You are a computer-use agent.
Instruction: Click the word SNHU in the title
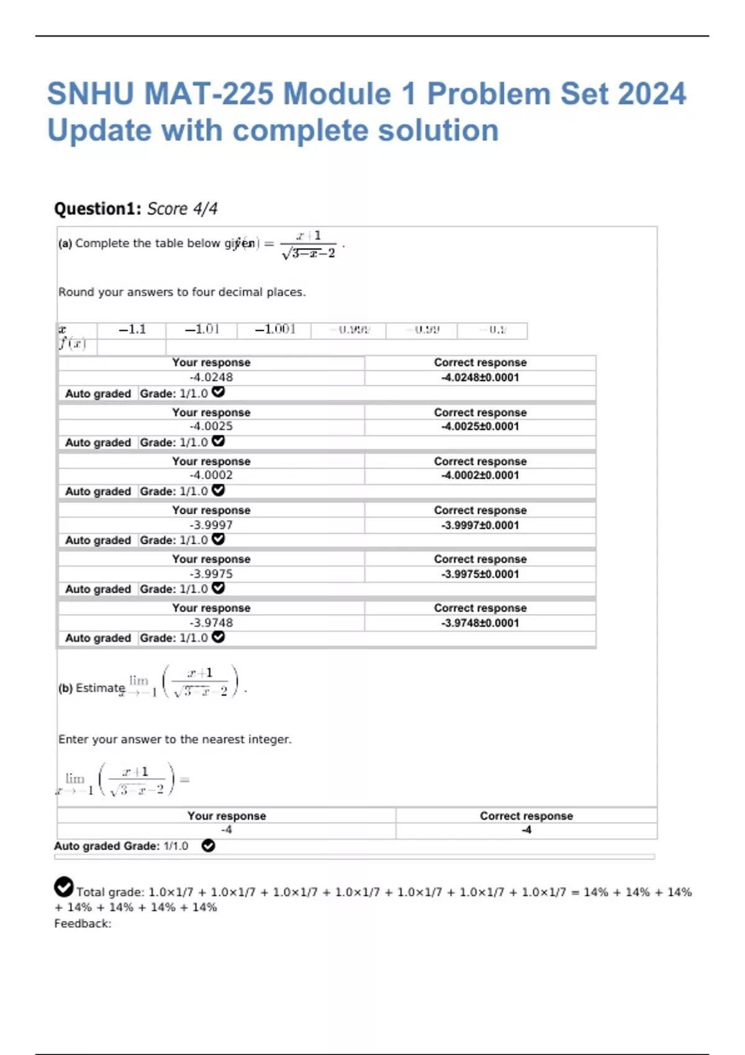pyautogui.click(x=90, y=94)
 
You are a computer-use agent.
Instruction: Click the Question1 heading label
pyautogui.click(x=98, y=209)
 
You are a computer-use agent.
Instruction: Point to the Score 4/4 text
pyautogui.click(x=183, y=209)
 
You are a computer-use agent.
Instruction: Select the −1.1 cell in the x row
pyautogui.click(x=132, y=330)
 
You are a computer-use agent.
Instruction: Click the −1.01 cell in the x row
pyautogui.click(x=202, y=330)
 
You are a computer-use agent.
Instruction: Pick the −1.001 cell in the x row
pyautogui.click(x=275, y=330)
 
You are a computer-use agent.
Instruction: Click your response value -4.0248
pyautogui.click(x=211, y=377)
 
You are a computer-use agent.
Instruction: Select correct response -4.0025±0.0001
pyautogui.click(x=480, y=426)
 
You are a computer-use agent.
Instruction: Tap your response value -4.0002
pyautogui.click(x=211, y=475)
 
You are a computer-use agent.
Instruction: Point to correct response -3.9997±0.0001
pyautogui.click(x=480, y=525)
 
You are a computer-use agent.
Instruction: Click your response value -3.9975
pyautogui.click(x=211, y=574)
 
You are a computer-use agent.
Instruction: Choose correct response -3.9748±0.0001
pyautogui.click(x=480, y=623)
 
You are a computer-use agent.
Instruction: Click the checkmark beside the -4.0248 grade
pyautogui.click(x=218, y=392)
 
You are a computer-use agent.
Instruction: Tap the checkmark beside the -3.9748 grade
pyautogui.click(x=218, y=637)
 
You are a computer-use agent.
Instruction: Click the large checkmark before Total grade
pyautogui.click(x=63, y=887)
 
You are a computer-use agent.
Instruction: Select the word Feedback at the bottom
pyautogui.click(x=82, y=923)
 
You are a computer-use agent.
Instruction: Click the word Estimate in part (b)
pyautogui.click(x=100, y=688)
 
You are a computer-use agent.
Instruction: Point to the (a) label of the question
pyautogui.click(x=65, y=244)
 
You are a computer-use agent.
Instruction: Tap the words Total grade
pyautogui.click(x=110, y=892)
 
